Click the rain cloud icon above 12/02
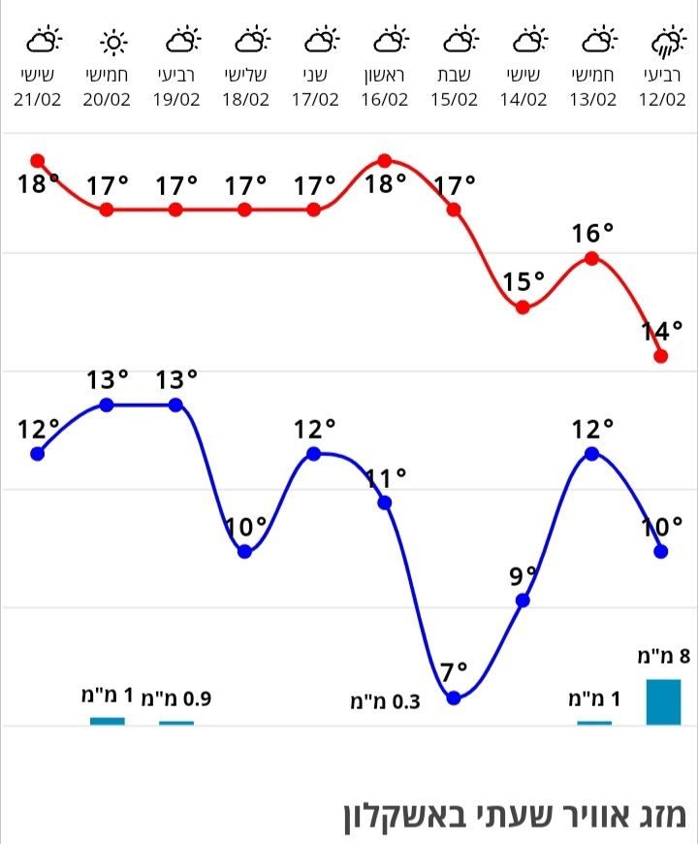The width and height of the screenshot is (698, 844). coord(666,42)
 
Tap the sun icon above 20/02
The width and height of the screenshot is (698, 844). coord(113,42)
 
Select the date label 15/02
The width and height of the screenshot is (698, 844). coord(454,99)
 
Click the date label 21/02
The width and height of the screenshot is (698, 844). coord(39,99)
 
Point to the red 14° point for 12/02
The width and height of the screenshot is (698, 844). coord(661,356)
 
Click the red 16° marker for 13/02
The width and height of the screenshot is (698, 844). coord(591,258)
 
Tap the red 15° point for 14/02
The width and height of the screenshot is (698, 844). coord(523,308)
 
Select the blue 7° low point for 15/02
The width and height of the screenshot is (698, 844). coord(453,698)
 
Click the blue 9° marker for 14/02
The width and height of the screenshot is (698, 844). coord(523,601)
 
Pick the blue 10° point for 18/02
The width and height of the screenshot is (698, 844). coord(245,551)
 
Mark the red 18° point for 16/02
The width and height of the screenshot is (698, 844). coord(384,160)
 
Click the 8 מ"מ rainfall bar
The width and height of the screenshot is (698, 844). coord(663,701)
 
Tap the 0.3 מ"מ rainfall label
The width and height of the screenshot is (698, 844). coord(385,701)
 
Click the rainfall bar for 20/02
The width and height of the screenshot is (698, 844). coord(108,721)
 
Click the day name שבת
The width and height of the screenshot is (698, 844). coord(455,76)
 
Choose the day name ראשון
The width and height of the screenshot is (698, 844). coord(385,76)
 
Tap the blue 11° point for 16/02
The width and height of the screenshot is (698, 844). coord(384,503)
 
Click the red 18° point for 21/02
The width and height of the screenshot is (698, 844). coord(38,160)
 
